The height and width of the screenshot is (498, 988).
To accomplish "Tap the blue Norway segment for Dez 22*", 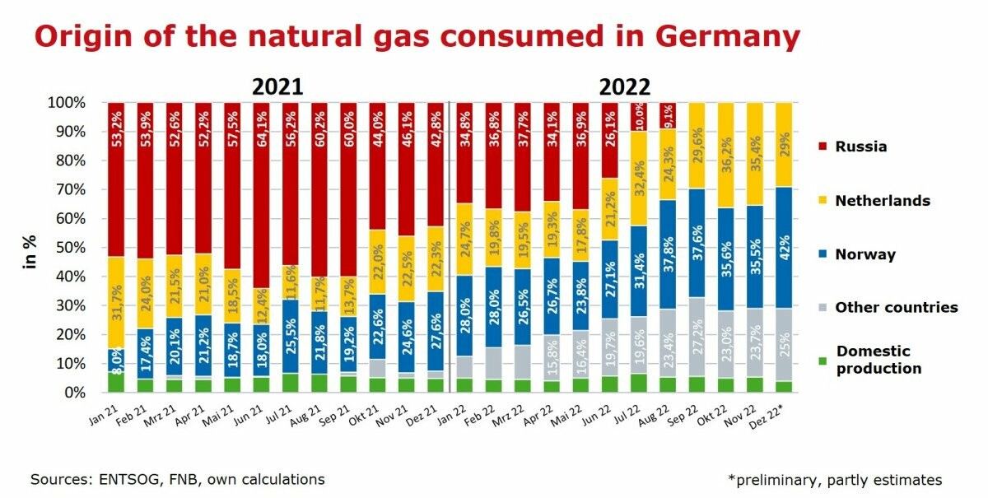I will [x=785, y=248].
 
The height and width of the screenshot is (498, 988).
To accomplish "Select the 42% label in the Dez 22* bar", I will [x=785, y=248].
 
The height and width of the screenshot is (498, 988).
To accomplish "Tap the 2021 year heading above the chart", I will [x=277, y=87].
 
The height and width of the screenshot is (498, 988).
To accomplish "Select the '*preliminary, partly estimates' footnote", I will [x=835, y=479].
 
